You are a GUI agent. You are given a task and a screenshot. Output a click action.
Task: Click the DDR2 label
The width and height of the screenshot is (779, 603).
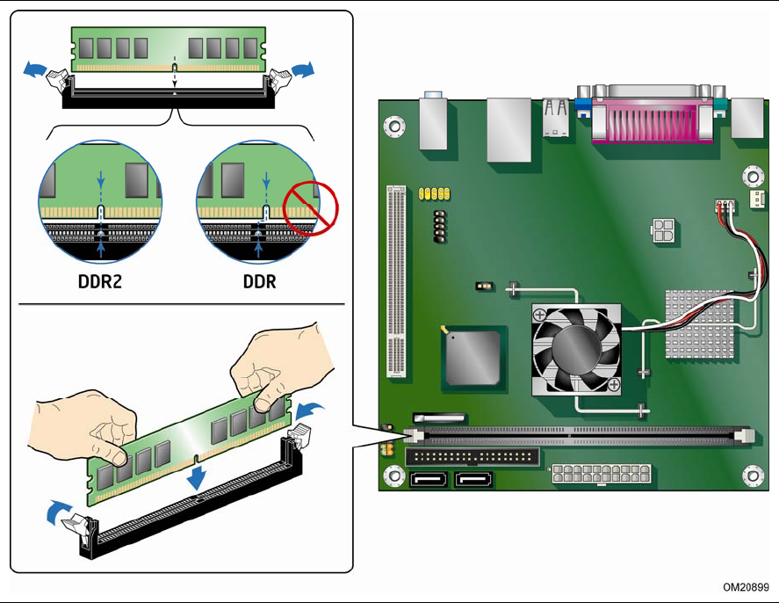100,281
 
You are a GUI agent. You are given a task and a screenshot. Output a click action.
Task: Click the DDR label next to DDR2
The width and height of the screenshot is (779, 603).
259,281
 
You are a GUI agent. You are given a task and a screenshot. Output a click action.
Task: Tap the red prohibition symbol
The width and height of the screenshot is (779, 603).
311,207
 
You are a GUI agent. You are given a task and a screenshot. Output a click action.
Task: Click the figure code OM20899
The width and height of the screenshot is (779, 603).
746,587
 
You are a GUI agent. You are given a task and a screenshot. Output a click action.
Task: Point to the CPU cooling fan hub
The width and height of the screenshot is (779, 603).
576,349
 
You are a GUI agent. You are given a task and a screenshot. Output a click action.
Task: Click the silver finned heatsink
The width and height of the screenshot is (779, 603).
699,324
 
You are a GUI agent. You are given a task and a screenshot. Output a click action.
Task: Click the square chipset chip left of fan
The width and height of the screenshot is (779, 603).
472,358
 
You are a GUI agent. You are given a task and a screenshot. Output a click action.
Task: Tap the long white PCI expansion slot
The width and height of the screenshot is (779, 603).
396,281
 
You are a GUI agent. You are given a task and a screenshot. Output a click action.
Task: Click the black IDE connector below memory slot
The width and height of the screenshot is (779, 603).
472,457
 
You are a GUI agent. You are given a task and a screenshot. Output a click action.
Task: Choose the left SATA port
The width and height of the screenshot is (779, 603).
429,480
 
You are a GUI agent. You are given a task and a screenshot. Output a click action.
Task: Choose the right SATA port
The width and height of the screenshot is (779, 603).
474,480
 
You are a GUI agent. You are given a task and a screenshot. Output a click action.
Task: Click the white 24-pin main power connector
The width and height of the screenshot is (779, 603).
601,474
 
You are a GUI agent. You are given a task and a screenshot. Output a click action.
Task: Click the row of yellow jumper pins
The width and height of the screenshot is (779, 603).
434,193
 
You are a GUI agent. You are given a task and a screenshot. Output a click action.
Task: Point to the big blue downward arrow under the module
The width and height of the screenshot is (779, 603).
197,477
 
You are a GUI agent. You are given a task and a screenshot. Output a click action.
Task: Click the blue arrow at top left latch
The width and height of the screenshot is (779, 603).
35,69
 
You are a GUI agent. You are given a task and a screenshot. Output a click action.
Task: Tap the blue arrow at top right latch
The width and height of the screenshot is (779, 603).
303,69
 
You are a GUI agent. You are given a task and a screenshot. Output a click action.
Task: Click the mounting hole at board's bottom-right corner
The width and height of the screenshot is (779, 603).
753,476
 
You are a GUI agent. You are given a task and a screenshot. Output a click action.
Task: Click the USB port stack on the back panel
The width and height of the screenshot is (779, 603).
556,118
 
